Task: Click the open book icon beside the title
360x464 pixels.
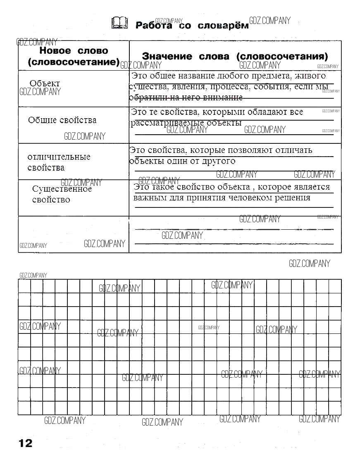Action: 119,24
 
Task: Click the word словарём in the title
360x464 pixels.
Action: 223,26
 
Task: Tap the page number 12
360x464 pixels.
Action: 25,443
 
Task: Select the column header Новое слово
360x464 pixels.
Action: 74,51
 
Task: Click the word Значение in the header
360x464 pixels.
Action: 167,56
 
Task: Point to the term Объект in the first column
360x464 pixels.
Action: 45,83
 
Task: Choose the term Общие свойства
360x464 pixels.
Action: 62,120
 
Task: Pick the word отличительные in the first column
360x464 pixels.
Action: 59,157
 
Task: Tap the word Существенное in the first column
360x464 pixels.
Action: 62,189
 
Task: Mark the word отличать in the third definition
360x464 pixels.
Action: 294,150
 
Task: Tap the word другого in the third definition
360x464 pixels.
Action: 219,161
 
